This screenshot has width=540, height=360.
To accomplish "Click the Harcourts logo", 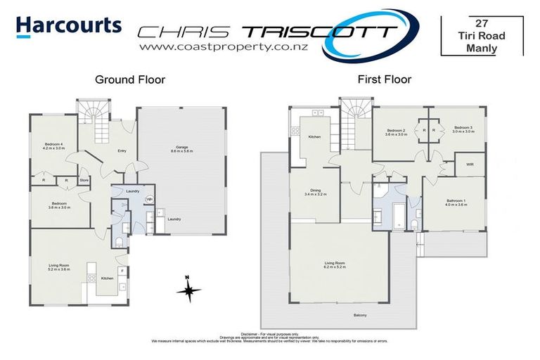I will (x=68, y=27).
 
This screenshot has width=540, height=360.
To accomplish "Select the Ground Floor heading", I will (x=130, y=80).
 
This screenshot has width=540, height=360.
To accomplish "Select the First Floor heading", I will (x=384, y=80).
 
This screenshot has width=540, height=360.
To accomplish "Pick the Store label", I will (x=84, y=181).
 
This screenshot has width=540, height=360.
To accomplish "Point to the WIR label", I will (x=470, y=165).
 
